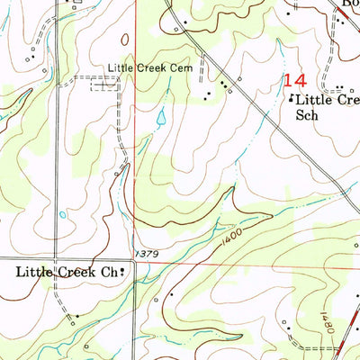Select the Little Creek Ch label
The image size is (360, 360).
(x=69, y=271)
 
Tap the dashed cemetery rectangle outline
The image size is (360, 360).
(x=103, y=84)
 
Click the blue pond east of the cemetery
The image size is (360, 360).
(x=160, y=118)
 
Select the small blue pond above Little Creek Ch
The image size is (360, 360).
(x=61, y=215)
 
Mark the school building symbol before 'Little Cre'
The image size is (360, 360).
(x=291, y=101)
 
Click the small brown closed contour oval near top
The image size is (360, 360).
(x=124, y=40)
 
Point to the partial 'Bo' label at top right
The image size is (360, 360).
(x=347, y=4)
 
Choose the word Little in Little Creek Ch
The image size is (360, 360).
(x=33, y=271)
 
